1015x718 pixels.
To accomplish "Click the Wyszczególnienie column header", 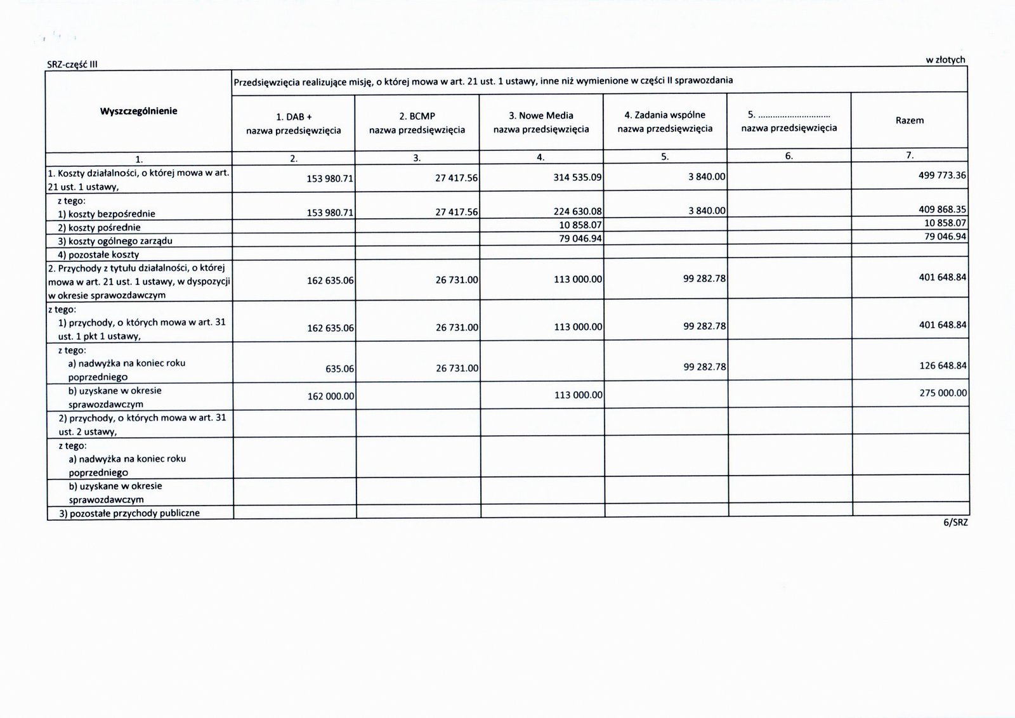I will [x=138, y=111].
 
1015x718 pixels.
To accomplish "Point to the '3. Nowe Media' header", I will [x=541, y=115].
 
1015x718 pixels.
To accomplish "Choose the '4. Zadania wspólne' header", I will [x=665, y=115].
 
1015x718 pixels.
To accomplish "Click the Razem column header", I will [x=909, y=120].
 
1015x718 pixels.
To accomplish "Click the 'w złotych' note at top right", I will [x=945, y=60].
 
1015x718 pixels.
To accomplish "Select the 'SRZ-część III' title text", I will [x=72, y=63].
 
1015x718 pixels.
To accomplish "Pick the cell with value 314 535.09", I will [x=577, y=178].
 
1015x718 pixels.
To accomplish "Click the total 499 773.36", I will [x=942, y=174].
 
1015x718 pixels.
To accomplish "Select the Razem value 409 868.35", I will [x=942, y=209].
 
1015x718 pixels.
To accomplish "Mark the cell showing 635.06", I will [x=339, y=368].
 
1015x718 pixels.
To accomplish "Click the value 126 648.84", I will [x=942, y=365].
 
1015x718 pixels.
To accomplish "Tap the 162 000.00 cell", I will [x=330, y=395].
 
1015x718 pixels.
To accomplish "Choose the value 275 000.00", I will [x=943, y=393].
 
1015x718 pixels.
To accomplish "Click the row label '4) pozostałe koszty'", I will [x=98, y=254].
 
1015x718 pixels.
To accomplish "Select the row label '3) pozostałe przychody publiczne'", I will [x=129, y=513].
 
